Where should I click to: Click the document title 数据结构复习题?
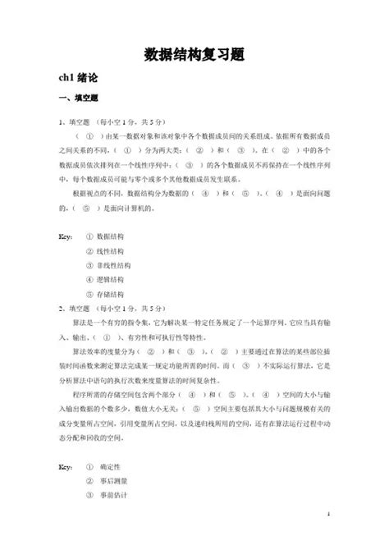point(194,54)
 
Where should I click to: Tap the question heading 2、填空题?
point(77,308)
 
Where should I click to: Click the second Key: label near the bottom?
point(66,466)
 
